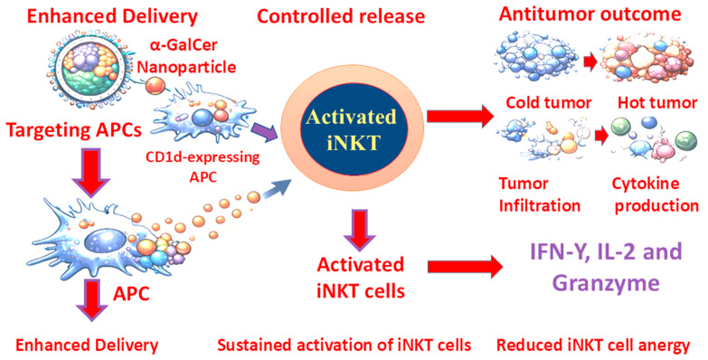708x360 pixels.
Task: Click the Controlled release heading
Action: point(341,16)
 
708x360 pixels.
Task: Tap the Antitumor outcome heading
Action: point(590,14)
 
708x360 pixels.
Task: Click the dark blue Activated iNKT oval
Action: point(352,130)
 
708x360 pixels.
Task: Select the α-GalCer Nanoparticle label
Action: point(186,56)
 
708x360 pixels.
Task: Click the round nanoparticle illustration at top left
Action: point(89,71)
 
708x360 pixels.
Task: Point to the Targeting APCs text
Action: point(73,130)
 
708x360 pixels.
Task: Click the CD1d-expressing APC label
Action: point(203,166)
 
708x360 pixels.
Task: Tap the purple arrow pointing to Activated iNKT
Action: point(264,131)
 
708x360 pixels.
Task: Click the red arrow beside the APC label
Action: point(91,299)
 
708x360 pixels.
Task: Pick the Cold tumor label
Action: point(548,103)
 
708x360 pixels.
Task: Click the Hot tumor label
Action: point(657,103)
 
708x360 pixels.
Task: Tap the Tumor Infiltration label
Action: point(539,194)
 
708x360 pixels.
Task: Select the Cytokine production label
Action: point(656,194)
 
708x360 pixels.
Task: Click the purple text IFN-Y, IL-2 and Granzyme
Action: point(606,267)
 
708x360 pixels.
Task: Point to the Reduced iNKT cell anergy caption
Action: point(593,346)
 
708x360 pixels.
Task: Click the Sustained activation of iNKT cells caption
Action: point(345,346)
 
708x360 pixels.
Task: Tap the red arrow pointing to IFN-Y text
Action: point(465,267)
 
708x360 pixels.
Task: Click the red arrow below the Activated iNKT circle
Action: point(360,230)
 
